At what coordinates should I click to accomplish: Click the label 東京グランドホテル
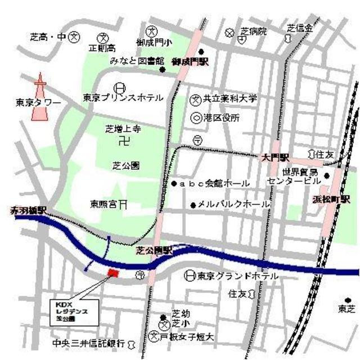pos(236,276)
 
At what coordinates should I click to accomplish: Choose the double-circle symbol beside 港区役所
pos(196,118)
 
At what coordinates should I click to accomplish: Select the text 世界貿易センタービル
pos(292,177)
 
